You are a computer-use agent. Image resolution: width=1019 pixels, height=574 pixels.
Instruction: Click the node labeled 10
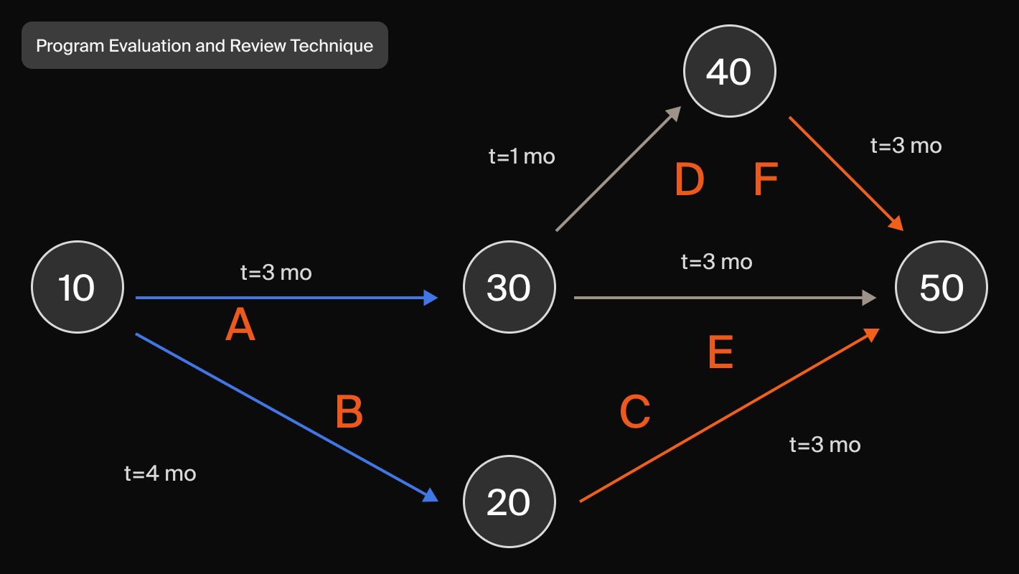coord(78,287)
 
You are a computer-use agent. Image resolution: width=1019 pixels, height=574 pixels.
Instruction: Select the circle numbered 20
coord(510,501)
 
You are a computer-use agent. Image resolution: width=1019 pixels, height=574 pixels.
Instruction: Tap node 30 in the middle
coord(510,287)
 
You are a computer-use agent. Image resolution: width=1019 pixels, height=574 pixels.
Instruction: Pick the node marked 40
coord(729,71)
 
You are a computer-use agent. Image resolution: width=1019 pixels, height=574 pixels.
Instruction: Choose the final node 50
coord(941,287)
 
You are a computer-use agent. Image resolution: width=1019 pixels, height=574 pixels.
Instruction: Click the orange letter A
coord(240,327)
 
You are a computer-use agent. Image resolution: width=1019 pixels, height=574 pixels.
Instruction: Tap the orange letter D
coord(690,179)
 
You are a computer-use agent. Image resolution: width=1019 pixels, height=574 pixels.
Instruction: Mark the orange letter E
coord(720,353)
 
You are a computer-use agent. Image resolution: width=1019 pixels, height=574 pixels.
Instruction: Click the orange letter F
coord(766,179)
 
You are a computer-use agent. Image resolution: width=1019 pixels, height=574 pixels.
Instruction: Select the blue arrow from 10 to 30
coord(287,297)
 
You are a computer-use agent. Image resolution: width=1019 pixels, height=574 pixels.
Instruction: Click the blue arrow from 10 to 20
coord(287,418)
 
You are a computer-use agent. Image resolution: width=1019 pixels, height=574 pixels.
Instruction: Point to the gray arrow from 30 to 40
coord(619,169)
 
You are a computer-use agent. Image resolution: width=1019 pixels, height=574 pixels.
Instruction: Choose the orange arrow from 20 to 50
coord(728,416)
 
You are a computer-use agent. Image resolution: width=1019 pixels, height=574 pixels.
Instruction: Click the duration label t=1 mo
coord(522,156)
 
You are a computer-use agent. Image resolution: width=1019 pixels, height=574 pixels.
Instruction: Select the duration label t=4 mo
coord(160,474)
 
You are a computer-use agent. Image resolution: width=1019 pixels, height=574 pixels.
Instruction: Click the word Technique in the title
coord(332,46)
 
